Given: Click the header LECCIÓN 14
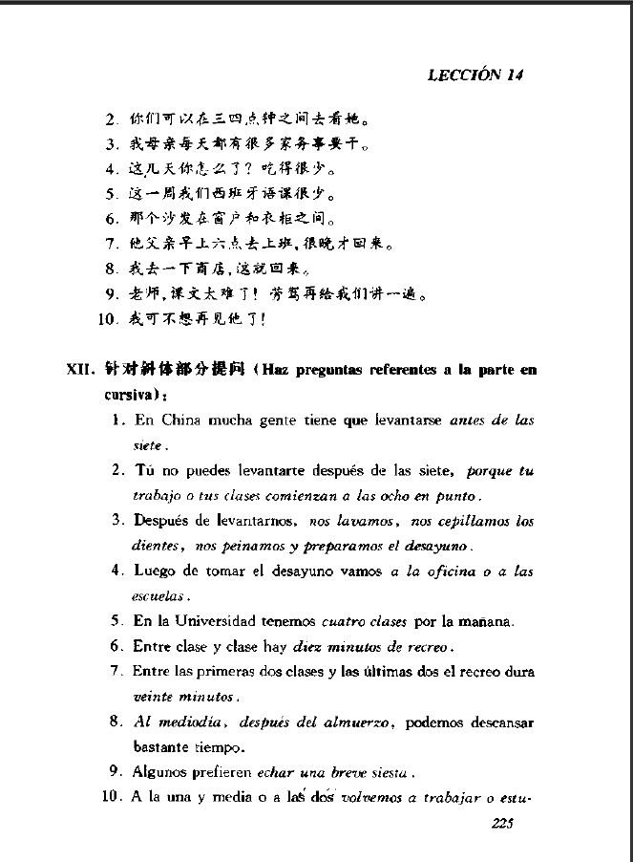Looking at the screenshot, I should tap(475, 75).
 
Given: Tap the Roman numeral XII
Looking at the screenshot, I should tap(81, 370).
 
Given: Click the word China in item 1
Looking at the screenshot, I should tap(180, 420).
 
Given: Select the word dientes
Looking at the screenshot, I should tap(156, 547).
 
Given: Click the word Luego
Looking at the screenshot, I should tap(153, 571).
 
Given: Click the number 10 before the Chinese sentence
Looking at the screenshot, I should tap(107, 319).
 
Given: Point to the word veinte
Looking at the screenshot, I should tap(150, 697).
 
